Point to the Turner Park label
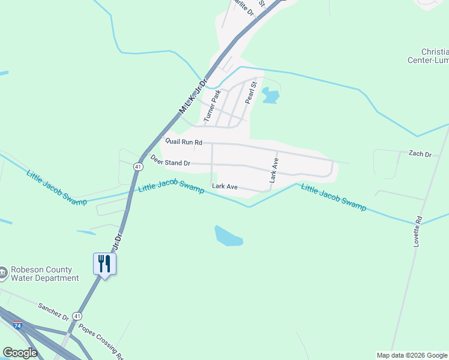tap(212, 106)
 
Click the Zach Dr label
tap(420, 154)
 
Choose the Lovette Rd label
tap(418, 231)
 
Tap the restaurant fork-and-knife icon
tap(104, 263)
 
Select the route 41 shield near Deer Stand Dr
tap(137, 166)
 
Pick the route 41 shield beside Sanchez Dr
tap(77, 316)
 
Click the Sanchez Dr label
tap(53, 311)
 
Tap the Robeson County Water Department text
tap(40, 274)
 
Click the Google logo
tap(20, 353)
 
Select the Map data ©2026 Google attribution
tap(411, 355)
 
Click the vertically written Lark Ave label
tap(274, 170)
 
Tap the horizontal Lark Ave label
tap(225, 187)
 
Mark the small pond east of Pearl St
tap(271, 96)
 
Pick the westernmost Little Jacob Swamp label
tap(56, 187)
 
